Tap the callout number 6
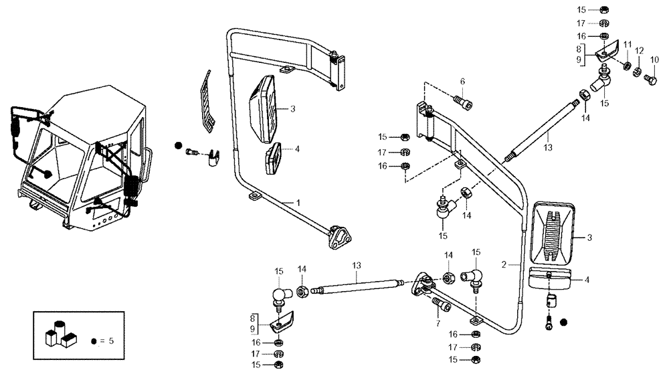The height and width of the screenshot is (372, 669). pyautogui.click(x=462, y=82)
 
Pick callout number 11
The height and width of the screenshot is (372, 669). pyautogui.click(x=628, y=44)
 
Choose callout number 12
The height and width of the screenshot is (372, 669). pyautogui.click(x=640, y=51)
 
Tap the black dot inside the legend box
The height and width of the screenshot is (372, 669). pyautogui.click(x=93, y=341)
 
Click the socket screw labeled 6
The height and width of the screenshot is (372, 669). pyautogui.click(x=462, y=102)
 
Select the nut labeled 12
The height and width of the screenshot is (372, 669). pyautogui.click(x=638, y=72)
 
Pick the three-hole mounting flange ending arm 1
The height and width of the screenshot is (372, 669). pyautogui.click(x=341, y=238)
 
